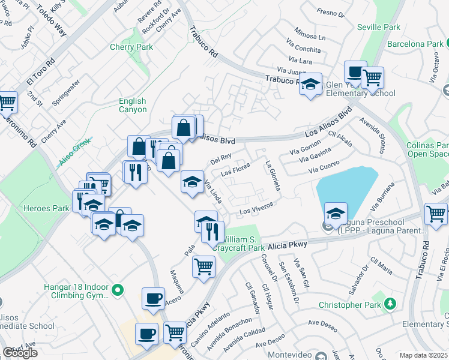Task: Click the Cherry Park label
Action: click(131, 47)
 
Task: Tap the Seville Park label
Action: click(378, 28)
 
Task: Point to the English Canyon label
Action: click(133, 106)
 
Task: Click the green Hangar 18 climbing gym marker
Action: click(118, 290)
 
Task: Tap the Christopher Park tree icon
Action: click(391, 304)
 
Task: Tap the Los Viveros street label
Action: click(257, 209)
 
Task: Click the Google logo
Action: click(20, 353)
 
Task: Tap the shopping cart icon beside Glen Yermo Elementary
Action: click(372, 77)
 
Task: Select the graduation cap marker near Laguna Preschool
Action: click(336, 214)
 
